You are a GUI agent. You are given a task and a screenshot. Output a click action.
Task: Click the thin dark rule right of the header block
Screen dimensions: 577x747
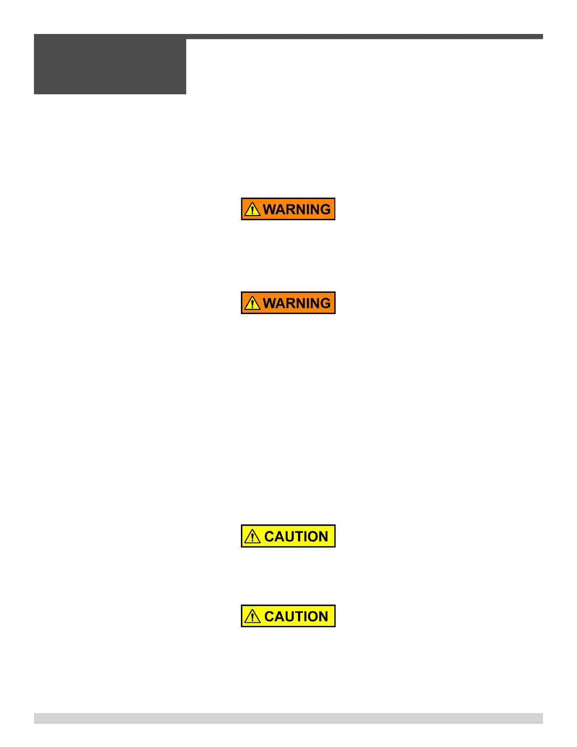(364, 36)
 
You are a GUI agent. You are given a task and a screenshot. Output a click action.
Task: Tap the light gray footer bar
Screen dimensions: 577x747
(288, 718)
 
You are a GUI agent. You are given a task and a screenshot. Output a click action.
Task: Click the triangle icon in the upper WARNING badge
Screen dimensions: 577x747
(253, 209)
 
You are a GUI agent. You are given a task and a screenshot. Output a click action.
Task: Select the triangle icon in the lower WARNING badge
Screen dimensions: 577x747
(253, 303)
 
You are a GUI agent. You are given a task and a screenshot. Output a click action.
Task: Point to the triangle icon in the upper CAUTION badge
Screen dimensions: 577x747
(253, 537)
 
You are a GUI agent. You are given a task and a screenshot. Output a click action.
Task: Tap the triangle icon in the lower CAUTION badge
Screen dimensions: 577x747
(253, 616)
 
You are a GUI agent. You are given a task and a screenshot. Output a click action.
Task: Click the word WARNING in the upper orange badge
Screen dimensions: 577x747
(297, 209)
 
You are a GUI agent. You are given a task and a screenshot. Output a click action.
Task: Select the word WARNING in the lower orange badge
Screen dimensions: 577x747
(297, 303)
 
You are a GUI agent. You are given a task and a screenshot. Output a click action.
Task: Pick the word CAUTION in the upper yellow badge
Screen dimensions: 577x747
(296, 537)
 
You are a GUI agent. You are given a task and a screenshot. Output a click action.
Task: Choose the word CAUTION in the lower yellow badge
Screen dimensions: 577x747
(296, 616)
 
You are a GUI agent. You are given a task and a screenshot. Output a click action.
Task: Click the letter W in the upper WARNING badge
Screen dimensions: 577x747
(270, 209)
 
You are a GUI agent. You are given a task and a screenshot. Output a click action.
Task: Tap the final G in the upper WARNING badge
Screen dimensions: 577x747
(325, 209)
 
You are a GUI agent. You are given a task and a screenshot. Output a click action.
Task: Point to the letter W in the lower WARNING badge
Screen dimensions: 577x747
(270, 303)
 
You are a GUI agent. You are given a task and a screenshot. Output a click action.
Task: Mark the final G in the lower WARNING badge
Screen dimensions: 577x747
(325, 303)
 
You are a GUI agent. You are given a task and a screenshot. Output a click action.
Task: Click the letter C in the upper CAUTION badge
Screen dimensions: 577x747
(269, 537)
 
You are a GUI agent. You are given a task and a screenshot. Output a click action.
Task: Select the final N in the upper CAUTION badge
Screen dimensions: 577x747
(323, 537)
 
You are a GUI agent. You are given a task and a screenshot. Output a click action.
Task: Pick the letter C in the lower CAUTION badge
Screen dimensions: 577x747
(269, 616)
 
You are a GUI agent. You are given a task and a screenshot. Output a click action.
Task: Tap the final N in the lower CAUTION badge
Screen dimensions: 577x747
(323, 616)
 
